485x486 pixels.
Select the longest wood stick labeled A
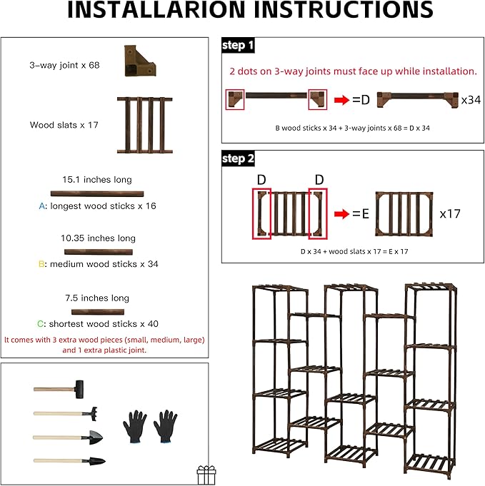(x=96, y=193)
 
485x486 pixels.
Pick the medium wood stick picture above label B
(x=98, y=251)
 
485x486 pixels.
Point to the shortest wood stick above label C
(x=97, y=312)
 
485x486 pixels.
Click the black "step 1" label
(x=239, y=46)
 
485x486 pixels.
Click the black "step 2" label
(x=239, y=158)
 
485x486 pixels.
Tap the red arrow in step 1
(x=341, y=100)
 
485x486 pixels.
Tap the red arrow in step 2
(x=342, y=213)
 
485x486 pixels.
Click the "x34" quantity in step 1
(x=470, y=100)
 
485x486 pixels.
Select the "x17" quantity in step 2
(x=453, y=213)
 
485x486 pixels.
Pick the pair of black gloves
(x=150, y=427)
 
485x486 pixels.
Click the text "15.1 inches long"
(x=97, y=180)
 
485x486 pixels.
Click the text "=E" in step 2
(x=361, y=213)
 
